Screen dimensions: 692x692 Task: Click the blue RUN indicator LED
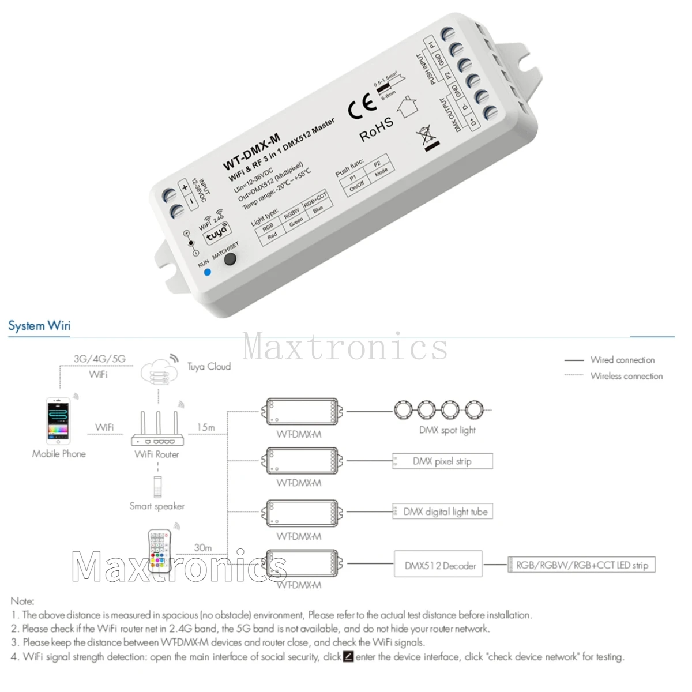tap(207, 270)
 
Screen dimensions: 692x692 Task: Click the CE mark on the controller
tap(362, 108)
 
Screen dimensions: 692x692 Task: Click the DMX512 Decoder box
tap(440, 566)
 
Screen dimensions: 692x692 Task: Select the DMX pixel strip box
tap(442, 461)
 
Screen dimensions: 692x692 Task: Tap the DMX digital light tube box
tap(442, 512)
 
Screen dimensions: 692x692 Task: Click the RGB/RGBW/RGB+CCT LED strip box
tap(581, 565)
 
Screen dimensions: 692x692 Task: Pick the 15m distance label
tap(206, 427)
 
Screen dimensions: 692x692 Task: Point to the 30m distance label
tap(202, 547)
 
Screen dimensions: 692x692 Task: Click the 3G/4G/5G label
tap(99, 359)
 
